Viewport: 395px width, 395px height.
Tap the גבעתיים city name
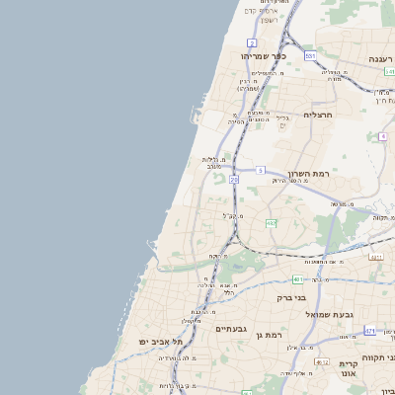click(x=231, y=327)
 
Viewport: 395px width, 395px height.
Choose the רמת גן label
click(x=294, y=336)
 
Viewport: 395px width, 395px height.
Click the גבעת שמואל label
click(x=329, y=313)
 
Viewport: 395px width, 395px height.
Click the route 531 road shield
click(x=310, y=57)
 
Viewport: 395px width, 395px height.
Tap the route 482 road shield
click(x=271, y=224)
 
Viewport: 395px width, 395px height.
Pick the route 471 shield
click(x=369, y=331)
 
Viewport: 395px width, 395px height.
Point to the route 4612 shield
click(x=322, y=362)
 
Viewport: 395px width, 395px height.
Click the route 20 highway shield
click(x=234, y=180)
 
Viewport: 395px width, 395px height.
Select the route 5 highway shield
click(x=261, y=171)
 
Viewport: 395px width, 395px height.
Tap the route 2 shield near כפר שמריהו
click(x=252, y=43)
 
